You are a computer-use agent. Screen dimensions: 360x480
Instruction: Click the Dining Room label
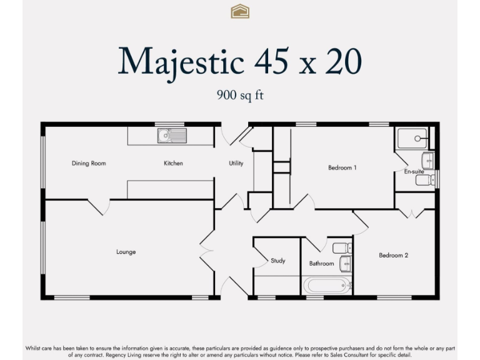88,164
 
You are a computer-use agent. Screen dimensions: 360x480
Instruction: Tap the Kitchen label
173,164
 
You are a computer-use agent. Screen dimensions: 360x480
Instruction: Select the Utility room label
236,164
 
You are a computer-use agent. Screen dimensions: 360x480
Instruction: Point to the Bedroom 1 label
342,167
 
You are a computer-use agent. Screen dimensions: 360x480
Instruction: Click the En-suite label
414,171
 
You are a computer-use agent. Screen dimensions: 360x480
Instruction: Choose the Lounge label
126,252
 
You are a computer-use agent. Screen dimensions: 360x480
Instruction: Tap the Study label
277,261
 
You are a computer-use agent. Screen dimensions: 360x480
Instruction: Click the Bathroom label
321,264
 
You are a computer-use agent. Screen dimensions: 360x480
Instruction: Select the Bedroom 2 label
393,255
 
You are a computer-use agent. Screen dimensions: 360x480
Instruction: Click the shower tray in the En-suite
412,137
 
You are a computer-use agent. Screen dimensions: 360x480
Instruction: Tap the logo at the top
240,11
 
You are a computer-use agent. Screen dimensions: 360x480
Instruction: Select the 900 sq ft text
240,95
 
